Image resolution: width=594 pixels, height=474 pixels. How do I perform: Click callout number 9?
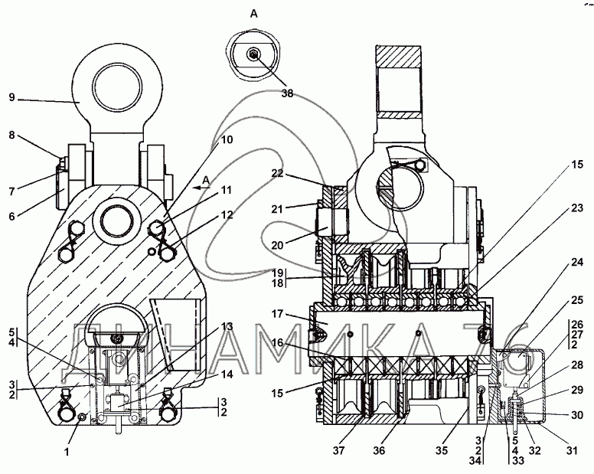tap(12, 98)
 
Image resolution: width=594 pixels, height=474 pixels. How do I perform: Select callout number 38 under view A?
tap(286, 93)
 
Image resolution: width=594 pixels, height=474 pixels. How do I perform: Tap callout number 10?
tap(227, 140)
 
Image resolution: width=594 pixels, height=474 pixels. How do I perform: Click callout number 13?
tap(227, 325)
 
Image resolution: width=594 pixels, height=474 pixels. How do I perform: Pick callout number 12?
tap(227, 216)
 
